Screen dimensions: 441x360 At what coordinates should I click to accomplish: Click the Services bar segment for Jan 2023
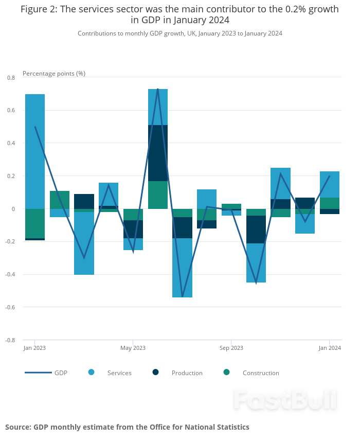35,151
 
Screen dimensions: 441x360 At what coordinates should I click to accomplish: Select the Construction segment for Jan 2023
35,223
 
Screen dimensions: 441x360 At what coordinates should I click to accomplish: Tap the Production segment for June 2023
158,153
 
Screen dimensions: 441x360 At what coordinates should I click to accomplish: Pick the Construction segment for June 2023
158,195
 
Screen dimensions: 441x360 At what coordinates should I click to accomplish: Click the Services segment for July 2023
182,268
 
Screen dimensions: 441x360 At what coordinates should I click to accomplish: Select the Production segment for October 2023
256,230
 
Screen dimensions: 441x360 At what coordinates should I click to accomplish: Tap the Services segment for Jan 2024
329,184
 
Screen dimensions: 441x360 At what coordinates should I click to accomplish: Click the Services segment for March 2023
84,243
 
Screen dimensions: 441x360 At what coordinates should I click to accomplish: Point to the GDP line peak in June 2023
157,89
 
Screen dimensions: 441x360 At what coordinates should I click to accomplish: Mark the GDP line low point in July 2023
182,297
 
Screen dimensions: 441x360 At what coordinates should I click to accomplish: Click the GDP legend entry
46,373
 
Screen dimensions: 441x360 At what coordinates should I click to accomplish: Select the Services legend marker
92,372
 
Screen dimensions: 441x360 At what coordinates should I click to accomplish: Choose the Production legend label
187,373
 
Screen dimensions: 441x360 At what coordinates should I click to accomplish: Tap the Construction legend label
261,373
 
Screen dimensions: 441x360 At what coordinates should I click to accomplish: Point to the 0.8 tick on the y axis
11,78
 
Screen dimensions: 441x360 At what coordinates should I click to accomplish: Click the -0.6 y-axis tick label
10,307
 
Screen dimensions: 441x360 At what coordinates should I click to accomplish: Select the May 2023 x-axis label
133,348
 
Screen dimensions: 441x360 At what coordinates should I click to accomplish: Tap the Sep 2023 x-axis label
231,348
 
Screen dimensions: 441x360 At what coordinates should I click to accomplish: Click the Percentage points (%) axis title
54,74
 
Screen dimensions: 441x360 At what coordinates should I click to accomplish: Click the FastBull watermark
285,400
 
